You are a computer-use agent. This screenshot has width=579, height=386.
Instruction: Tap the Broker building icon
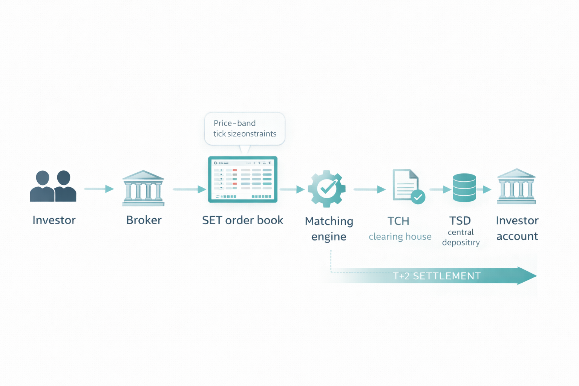tap(143, 188)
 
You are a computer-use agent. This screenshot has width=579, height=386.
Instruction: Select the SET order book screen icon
tap(243, 179)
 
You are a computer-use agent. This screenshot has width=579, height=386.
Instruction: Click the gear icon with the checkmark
tap(326, 188)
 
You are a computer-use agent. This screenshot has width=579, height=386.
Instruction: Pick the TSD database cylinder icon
tap(464, 187)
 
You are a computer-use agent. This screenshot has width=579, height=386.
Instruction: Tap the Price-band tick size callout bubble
tap(245, 128)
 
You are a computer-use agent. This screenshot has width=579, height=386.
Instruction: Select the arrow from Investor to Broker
tap(99, 189)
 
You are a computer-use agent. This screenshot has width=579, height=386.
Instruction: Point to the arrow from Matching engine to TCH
tap(369, 189)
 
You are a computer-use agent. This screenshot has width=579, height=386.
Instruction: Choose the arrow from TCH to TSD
tap(440, 189)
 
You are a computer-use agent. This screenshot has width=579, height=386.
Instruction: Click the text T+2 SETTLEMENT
tap(437, 276)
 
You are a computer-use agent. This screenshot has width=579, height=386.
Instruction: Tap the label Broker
tap(144, 220)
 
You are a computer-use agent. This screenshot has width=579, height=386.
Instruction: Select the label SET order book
tap(242, 220)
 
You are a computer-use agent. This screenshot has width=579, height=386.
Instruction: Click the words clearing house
tap(400, 237)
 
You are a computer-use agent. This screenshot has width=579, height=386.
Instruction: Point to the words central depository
tap(461, 237)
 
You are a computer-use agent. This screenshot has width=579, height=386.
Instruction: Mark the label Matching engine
tap(329, 228)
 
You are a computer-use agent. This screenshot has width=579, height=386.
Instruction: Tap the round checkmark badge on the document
tap(418, 197)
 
